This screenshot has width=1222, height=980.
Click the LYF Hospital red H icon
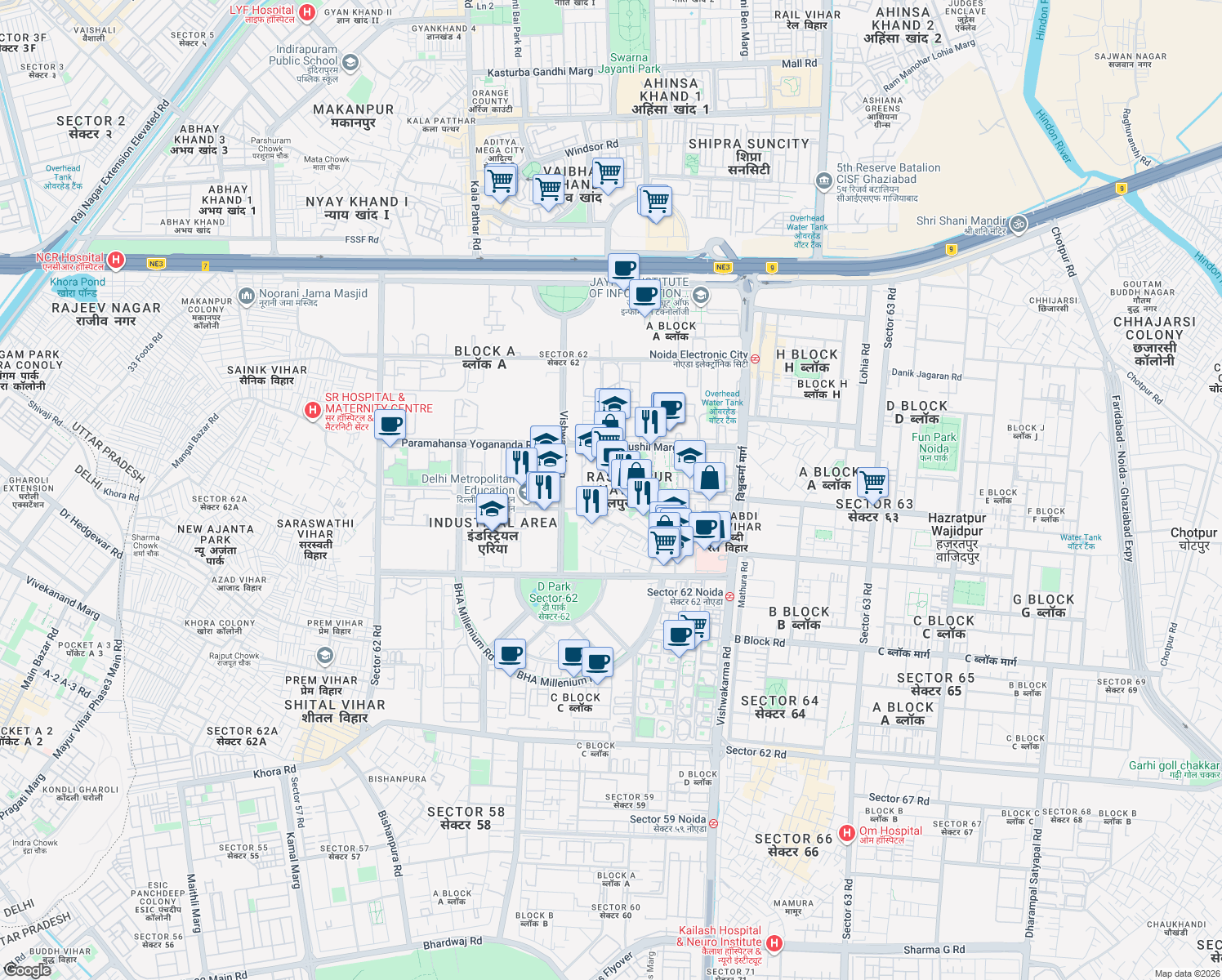click(307, 12)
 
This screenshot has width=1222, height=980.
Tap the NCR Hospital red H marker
click(116, 261)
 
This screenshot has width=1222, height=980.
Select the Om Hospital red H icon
click(847, 833)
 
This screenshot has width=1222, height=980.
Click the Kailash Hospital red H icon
click(774, 944)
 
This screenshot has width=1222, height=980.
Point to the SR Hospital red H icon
click(312, 410)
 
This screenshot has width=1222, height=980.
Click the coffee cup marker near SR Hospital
click(390, 425)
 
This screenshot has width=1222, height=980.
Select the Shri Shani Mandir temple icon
click(1018, 223)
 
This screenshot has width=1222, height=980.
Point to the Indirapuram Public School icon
click(350, 63)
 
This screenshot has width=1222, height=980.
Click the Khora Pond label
click(77, 287)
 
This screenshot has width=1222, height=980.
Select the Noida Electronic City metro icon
click(756, 359)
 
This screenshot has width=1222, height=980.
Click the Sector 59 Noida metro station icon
click(713, 824)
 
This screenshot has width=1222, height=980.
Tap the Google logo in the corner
click(27, 970)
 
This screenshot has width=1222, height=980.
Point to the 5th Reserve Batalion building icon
click(823, 180)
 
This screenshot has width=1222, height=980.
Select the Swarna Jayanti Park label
click(629, 63)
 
